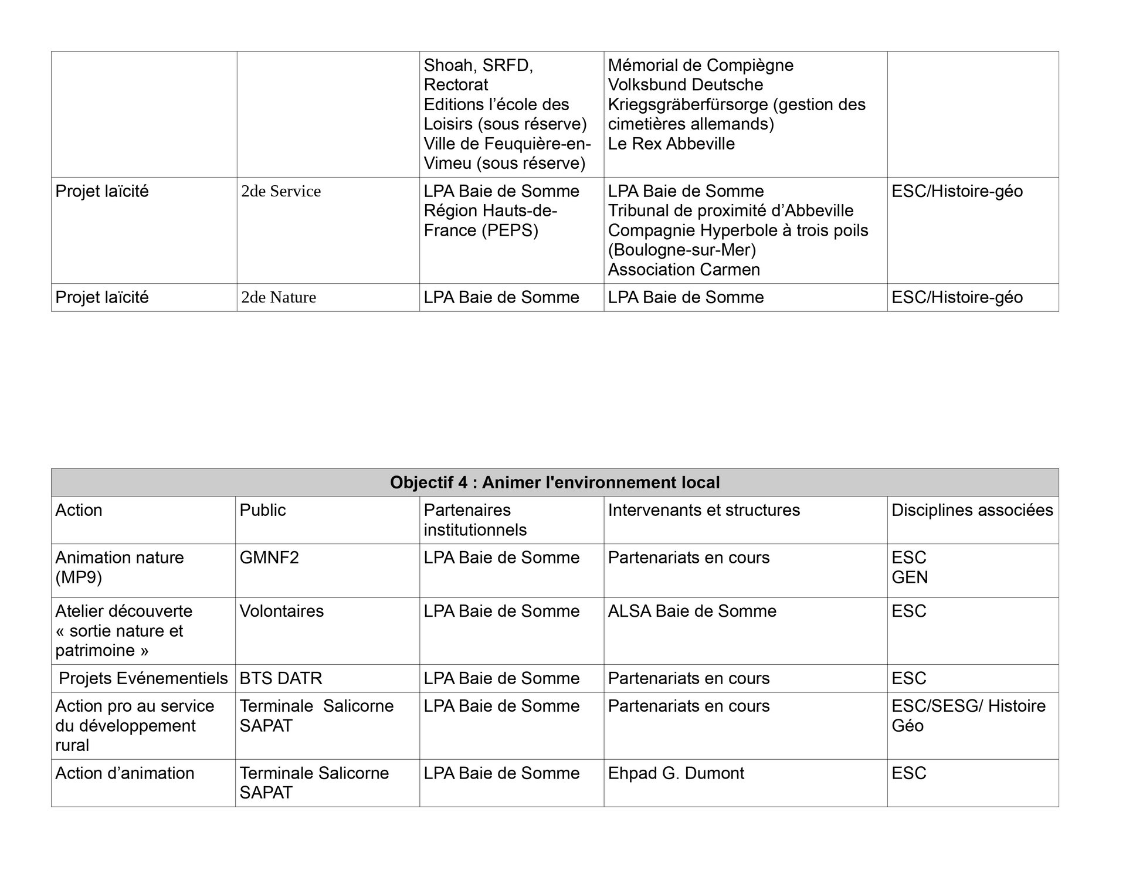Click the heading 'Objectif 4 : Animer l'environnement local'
point(554,482)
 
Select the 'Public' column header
point(263,510)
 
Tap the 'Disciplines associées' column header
point(972,510)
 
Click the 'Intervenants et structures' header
point(704,510)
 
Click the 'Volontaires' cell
point(281,611)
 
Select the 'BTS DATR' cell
point(281,678)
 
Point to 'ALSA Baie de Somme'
point(692,611)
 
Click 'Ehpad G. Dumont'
point(676,773)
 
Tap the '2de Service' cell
point(281,191)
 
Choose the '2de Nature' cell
point(279,297)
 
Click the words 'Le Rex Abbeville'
point(671,144)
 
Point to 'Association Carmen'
point(684,270)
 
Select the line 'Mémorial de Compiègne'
point(700,65)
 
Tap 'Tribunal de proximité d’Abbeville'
point(730,210)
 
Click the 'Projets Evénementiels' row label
point(144,678)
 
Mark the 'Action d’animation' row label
point(125,773)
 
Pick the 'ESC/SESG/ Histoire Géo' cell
point(968,715)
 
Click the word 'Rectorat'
point(456,84)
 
